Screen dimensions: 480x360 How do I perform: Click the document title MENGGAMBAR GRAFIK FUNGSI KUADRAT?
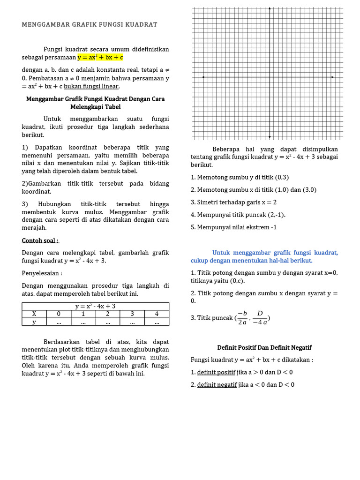point(89,24)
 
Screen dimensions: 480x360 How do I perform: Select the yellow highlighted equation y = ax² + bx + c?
point(100,57)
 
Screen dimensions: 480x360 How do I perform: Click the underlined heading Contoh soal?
point(40,240)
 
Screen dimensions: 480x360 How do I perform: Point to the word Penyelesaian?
point(42,273)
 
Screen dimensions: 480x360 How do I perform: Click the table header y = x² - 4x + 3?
point(95,306)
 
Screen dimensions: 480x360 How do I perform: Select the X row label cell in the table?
point(34,314)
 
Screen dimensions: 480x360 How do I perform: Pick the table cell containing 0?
point(59,314)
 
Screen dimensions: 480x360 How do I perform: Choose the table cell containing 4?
point(157,314)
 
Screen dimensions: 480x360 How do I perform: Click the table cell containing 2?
point(107,314)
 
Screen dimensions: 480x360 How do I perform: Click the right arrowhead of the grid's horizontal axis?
point(332,77)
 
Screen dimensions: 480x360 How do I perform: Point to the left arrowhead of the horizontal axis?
point(203,77)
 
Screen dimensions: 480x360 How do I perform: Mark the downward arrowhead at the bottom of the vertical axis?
point(270,137)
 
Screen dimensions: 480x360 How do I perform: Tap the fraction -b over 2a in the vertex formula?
point(242,317)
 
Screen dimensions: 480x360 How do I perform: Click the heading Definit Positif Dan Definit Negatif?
point(264,347)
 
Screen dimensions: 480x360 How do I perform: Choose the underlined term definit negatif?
point(217,384)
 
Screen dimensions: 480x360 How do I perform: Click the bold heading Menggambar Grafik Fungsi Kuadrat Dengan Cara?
point(95,99)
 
